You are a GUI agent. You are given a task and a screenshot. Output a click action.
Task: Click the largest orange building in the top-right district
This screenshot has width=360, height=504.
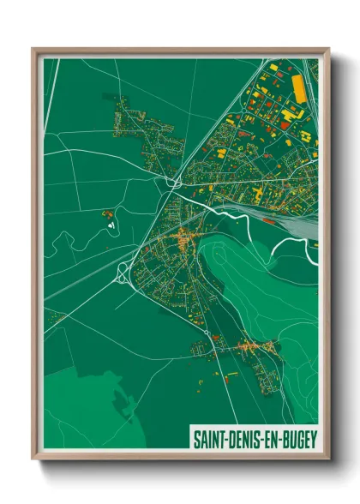coord(299,88)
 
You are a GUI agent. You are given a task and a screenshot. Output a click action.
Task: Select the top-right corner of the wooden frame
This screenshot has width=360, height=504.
coord(328,49)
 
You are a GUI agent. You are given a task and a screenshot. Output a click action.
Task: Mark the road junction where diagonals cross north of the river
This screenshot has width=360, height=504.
coord(175,183)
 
